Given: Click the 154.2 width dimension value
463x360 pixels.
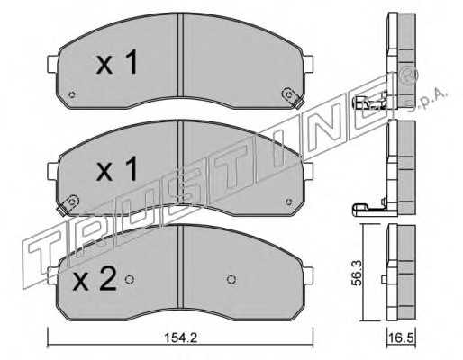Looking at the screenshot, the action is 180,337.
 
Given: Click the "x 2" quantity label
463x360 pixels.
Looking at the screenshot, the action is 95,279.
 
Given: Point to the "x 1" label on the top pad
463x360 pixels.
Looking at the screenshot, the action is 116,62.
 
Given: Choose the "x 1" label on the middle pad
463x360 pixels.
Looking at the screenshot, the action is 116,169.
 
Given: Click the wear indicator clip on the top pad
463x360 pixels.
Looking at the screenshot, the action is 293,98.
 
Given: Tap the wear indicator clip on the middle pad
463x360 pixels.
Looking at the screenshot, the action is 68,204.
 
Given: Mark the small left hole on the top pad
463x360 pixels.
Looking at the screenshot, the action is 71,94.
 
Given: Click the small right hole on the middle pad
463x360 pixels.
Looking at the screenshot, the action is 289,202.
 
